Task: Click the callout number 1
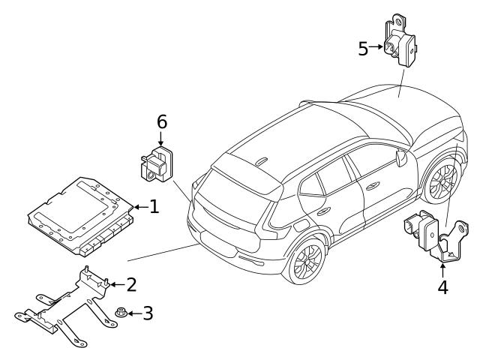tap(154, 206)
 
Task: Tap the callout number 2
tap(131, 284)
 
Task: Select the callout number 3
tap(148, 313)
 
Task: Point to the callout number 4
tap(442, 287)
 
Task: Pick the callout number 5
tap(363, 49)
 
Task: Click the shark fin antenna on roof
tap(262, 160)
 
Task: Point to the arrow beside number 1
tap(139, 206)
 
